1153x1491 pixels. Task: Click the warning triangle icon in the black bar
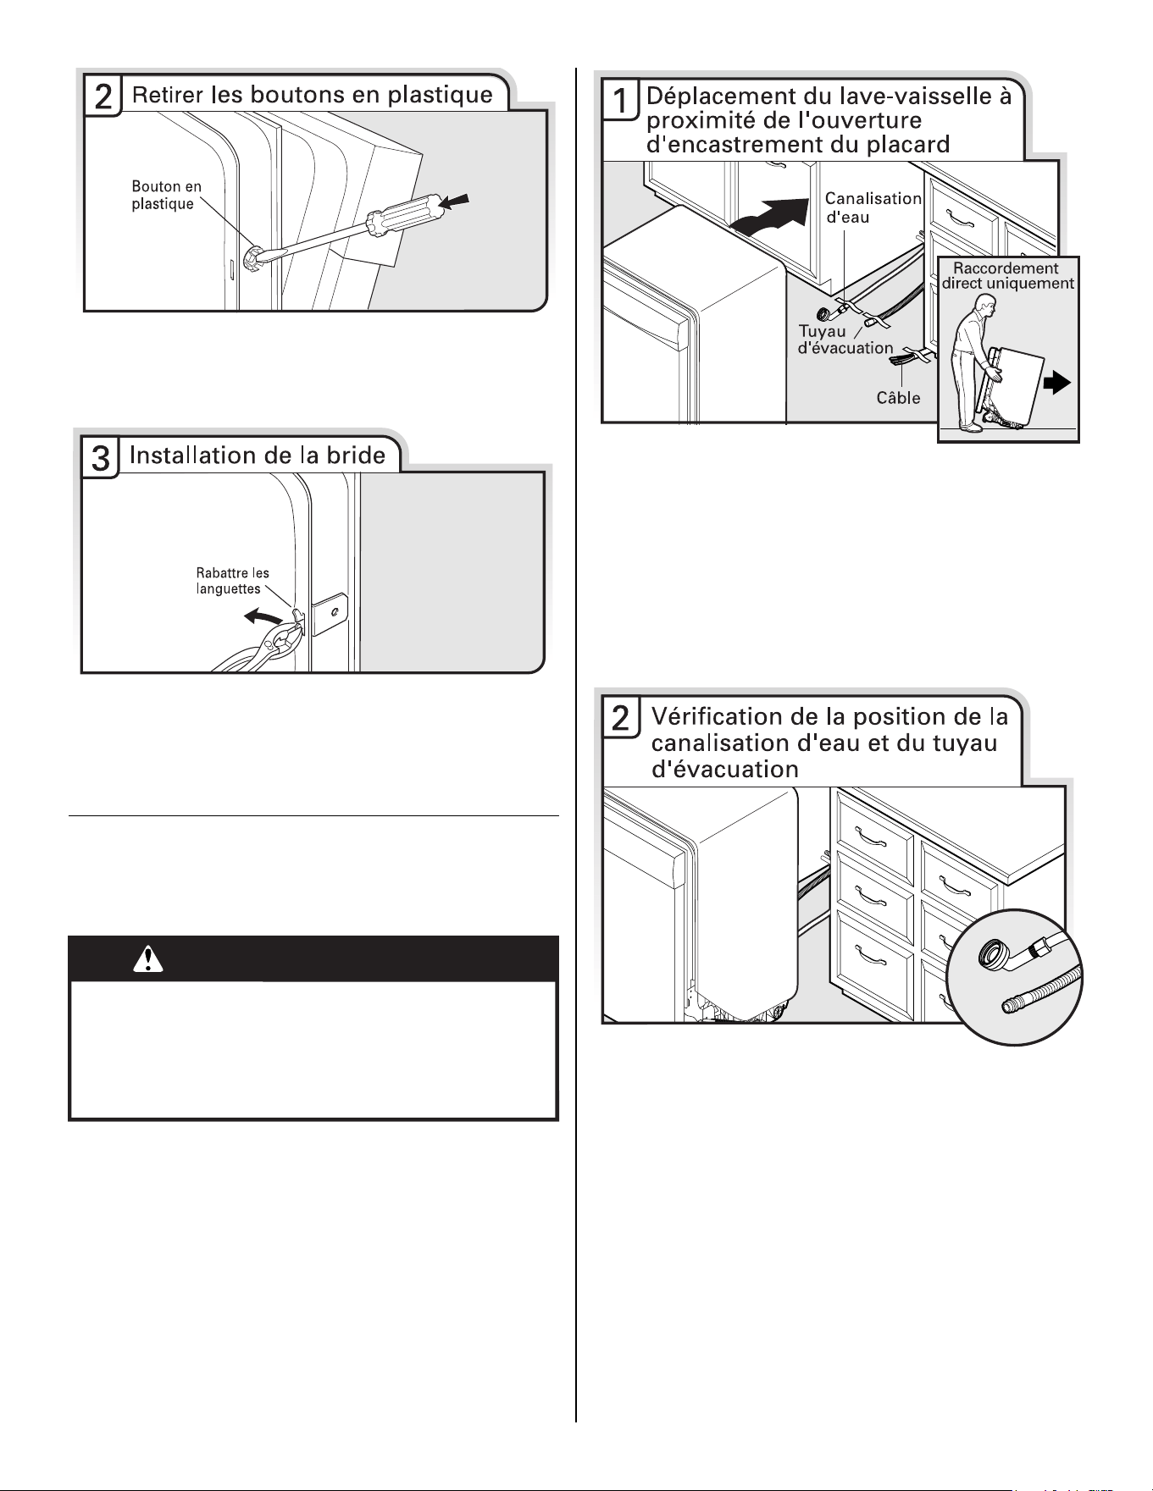coord(148,958)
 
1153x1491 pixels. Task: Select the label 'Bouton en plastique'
coord(167,195)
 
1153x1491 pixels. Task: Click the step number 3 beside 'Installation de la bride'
coord(100,458)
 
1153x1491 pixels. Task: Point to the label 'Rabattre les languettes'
coord(233,581)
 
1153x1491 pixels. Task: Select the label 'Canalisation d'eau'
coord(873,207)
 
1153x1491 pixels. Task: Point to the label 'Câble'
coord(898,397)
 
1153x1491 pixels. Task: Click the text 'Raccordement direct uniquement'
coord(1007,276)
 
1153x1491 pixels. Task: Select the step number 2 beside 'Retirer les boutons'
coord(102,97)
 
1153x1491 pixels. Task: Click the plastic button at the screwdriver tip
coord(251,259)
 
